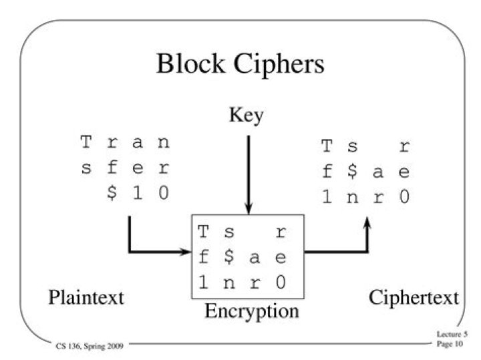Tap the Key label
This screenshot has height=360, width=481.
pyautogui.click(x=247, y=116)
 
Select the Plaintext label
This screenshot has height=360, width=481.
pyautogui.click(x=86, y=297)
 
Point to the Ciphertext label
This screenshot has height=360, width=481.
pyautogui.click(x=414, y=297)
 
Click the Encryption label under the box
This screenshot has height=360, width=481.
pyautogui.click(x=252, y=311)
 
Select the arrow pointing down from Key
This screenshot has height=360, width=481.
pyautogui.click(x=248, y=174)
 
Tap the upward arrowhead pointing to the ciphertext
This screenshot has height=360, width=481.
pyautogui.click(x=367, y=228)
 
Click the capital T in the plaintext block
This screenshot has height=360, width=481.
pyautogui.click(x=86, y=142)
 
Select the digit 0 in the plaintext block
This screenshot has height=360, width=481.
pyautogui.click(x=163, y=192)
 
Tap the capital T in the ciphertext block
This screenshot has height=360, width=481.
pyautogui.click(x=327, y=146)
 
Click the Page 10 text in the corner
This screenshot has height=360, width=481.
pyautogui.click(x=448, y=343)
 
